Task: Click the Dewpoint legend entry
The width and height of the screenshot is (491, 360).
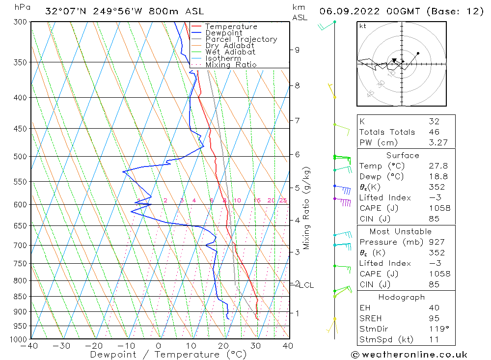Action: coord(223,33)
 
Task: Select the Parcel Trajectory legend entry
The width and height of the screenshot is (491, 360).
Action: coord(241,39)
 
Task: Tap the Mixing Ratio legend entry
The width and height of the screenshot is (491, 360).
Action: coord(231,65)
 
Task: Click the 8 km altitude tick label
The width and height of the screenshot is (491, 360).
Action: coord(297,85)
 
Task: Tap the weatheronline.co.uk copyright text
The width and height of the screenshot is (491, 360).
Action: coord(409,355)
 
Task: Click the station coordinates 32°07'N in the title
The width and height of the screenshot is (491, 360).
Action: coord(64,11)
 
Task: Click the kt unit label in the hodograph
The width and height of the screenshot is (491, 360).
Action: coord(362,26)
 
